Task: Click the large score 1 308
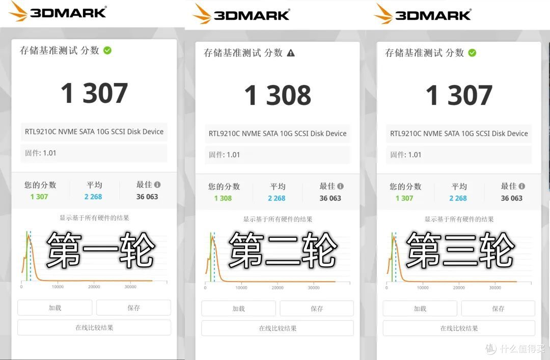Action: point(278,95)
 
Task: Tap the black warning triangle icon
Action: point(291,53)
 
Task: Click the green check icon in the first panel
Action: point(107,50)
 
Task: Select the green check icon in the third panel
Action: point(472,52)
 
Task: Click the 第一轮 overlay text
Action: point(100,250)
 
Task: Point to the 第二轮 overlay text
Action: point(283,251)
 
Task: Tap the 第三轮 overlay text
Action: point(460,251)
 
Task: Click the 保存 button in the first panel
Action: point(133,308)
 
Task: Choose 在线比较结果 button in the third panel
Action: point(459,328)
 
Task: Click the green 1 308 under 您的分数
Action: point(223,198)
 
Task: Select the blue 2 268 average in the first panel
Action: point(93,197)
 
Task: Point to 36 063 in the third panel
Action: point(511,198)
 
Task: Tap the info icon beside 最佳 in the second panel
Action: point(340,186)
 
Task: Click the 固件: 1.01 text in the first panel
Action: point(40,153)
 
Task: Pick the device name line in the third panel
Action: point(459,133)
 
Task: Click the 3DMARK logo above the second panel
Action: point(241,14)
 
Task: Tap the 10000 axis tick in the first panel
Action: point(58,287)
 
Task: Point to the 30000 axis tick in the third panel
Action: point(495,288)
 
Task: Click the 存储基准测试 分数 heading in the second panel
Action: point(243,53)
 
